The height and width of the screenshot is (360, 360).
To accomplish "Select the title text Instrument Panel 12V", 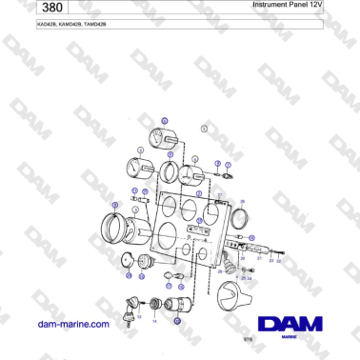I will point(288,6).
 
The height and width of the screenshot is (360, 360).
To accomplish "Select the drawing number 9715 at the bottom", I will point(249,338).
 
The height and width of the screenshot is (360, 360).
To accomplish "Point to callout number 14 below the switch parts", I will point(154,321).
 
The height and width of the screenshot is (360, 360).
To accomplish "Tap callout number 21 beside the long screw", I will point(260,258).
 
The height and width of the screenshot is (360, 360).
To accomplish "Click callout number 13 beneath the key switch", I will point(139,316).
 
